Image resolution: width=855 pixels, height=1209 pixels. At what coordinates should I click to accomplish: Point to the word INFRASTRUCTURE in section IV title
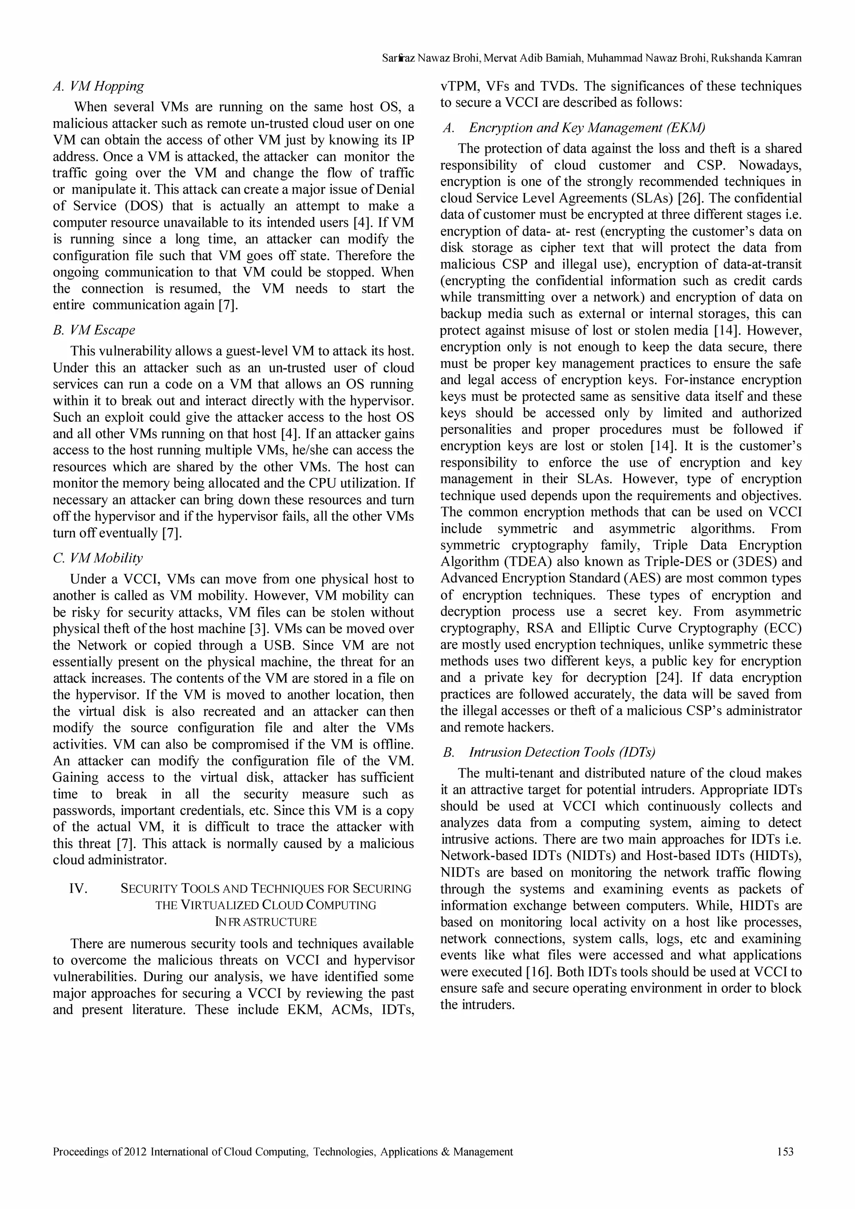pos(266,922)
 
